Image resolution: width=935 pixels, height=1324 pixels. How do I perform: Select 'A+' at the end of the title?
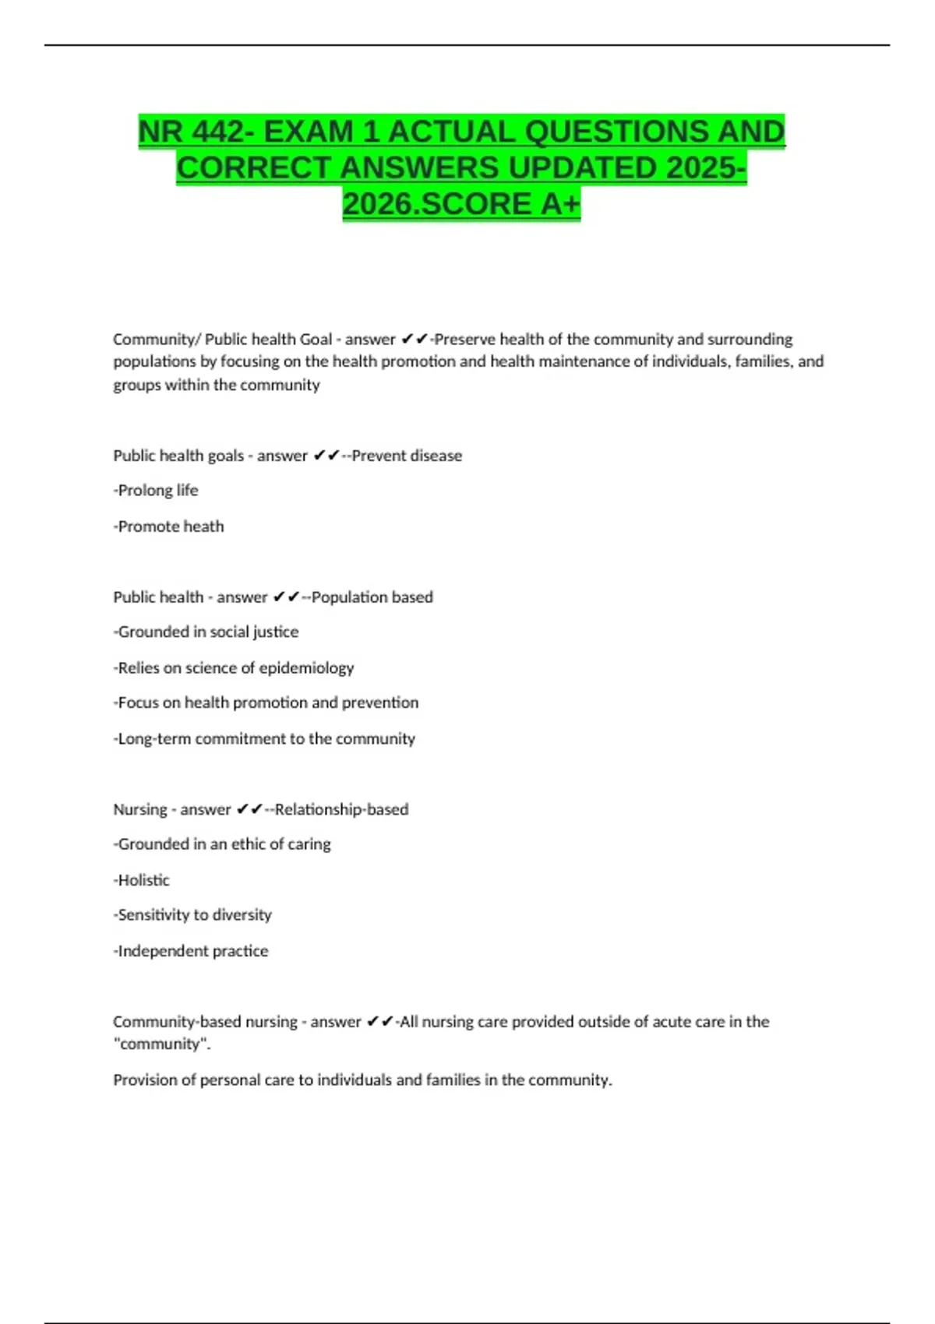(x=560, y=204)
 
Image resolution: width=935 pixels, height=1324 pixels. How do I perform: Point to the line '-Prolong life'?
(x=156, y=491)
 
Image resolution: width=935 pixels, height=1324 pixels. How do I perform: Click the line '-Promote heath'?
(x=168, y=526)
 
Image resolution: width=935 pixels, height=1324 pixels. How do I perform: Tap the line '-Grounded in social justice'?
(x=206, y=632)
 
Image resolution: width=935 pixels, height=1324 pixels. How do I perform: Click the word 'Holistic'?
(x=143, y=880)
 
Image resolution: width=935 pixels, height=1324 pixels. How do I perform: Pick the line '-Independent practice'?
(x=191, y=951)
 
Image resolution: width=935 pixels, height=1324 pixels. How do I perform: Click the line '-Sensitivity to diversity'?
(x=192, y=915)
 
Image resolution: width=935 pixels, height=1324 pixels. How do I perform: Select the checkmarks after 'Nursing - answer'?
(x=249, y=810)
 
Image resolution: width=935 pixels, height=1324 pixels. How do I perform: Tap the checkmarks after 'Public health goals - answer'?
(x=326, y=456)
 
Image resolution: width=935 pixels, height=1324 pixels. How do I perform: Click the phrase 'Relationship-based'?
(x=341, y=810)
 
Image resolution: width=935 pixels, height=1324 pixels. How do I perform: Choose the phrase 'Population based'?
(x=372, y=597)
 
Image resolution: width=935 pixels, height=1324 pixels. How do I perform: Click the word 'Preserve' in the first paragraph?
(x=464, y=340)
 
